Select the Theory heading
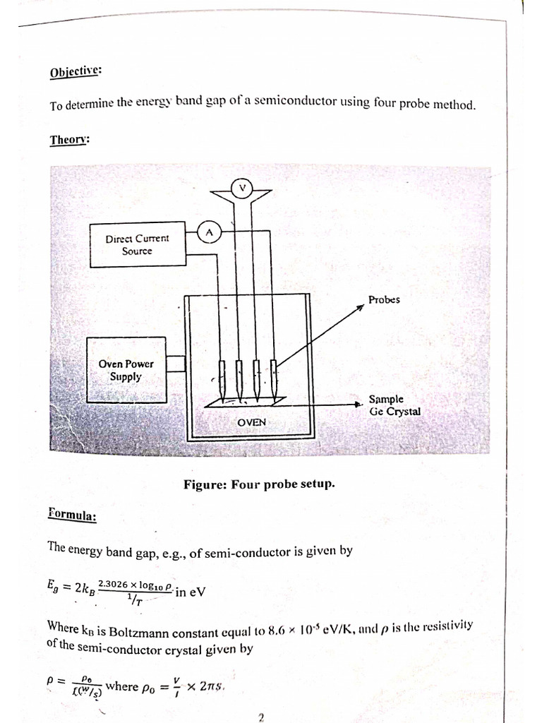click(x=70, y=139)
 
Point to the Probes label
click(x=384, y=299)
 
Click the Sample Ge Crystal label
click(x=394, y=405)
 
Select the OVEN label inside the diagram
click(x=251, y=422)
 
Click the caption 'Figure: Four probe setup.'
click(x=260, y=484)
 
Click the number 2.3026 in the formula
click(x=114, y=584)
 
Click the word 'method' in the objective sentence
click(x=453, y=104)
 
